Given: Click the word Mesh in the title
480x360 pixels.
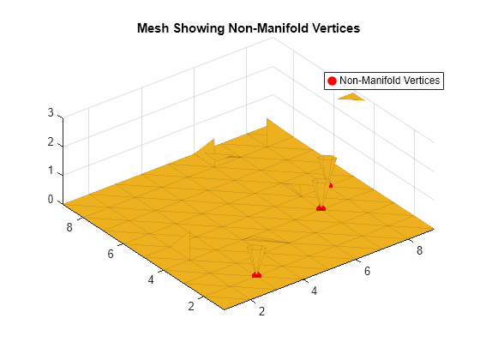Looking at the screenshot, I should (152, 28).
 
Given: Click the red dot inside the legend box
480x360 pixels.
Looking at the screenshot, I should (332, 81).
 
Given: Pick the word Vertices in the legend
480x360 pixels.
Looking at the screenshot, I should (419, 81).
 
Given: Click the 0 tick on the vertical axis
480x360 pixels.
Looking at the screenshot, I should (51, 200).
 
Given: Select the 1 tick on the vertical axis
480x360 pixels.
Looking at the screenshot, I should (51, 171).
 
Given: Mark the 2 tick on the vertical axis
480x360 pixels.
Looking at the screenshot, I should (51, 141).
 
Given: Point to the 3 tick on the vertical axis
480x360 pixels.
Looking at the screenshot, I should (51, 112).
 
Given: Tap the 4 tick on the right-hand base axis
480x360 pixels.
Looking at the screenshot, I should (315, 291).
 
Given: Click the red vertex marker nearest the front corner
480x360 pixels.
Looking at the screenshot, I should (256, 274).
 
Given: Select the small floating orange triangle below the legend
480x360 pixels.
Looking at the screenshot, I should (351, 97).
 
